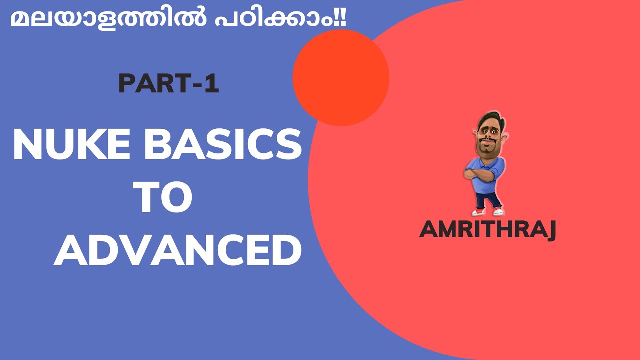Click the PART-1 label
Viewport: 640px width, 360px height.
(169, 84)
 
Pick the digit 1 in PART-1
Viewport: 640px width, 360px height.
(212, 84)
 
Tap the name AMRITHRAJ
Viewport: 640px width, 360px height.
(487, 230)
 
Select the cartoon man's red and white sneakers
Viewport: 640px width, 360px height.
(487, 211)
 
